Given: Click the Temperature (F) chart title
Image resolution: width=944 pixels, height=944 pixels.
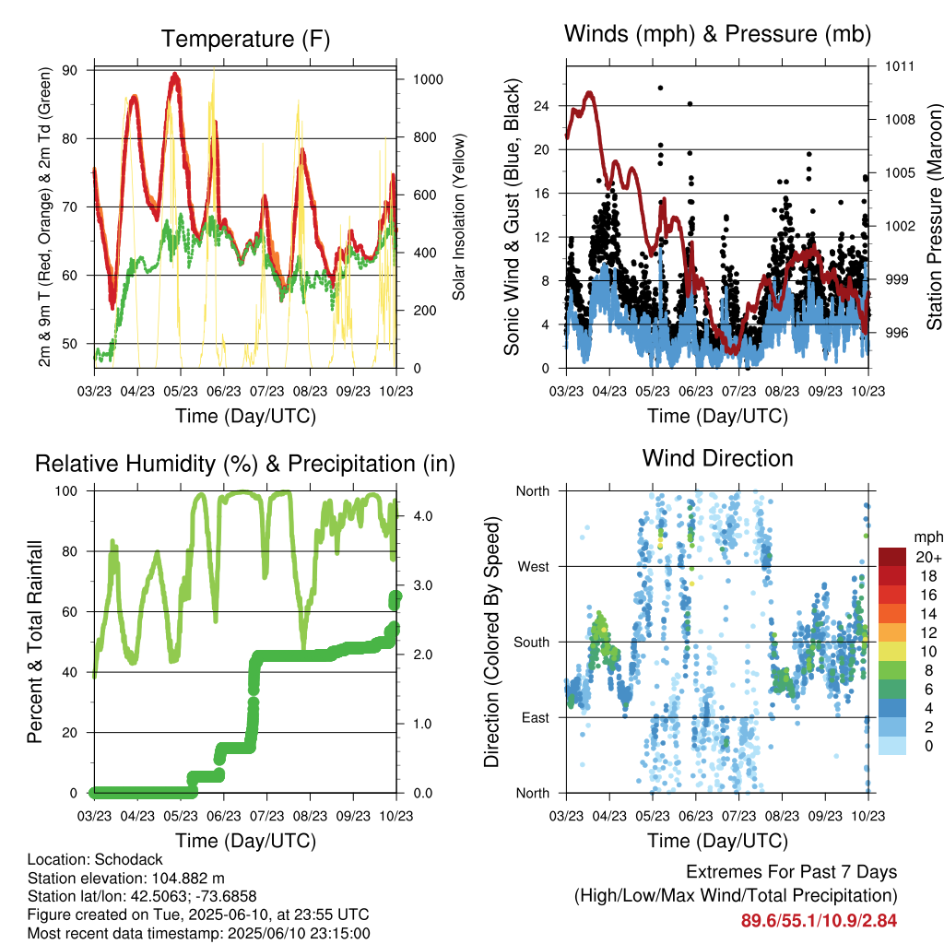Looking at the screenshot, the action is pyautogui.click(x=245, y=39).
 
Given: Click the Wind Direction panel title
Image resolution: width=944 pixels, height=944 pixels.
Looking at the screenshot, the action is pyautogui.click(x=717, y=458).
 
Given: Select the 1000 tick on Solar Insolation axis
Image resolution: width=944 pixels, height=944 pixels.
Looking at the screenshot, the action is pyautogui.click(x=428, y=79).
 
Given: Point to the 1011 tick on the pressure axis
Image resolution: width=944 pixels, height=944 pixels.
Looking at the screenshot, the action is pyautogui.click(x=900, y=66).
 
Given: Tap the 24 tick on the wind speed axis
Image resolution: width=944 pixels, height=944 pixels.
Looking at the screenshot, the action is pyautogui.click(x=541, y=106).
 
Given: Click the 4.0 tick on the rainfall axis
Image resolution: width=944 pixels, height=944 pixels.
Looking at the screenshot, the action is pyautogui.click(x=423, y=516).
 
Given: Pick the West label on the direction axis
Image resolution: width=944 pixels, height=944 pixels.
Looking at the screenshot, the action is pyautogui.click(x=534, y=567).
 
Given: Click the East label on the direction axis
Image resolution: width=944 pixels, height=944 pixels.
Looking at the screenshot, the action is pyautogui.click(x=536, y=717).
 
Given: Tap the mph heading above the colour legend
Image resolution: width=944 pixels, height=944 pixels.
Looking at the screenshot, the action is pyautogui.click(x=928, y=537).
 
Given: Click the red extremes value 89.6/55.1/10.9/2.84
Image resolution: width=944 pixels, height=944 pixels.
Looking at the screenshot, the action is pyautogui.click(x=819, y=921).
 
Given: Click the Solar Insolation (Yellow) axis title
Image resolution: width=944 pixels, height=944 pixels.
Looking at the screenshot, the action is pyautogui.click(x=459, y=217).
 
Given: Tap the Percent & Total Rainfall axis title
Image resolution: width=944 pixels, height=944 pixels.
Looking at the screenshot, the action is pyautogui.click(x=35, y=642).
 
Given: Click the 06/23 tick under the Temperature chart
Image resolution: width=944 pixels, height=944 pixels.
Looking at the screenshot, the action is pyautogui.click(x=224, y=391).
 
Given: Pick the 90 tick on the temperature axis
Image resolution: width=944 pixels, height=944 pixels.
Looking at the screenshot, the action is pyautogui.click(x=70, y=70).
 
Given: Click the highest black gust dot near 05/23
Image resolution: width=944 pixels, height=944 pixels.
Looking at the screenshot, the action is pyautogui.click(x=660, y=88).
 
